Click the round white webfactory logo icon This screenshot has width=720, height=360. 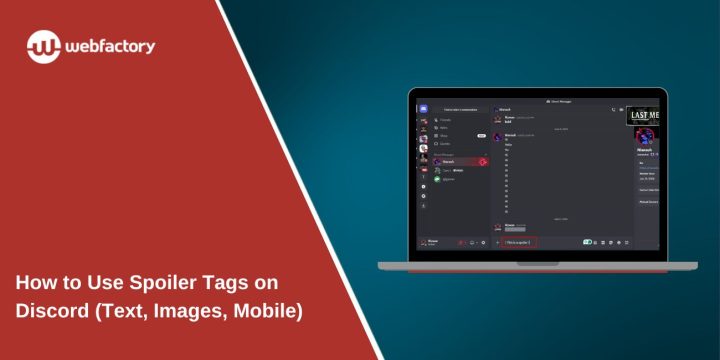coord(44,46)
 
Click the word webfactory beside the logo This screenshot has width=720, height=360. coord(111,46)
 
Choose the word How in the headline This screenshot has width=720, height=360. coord(36,282)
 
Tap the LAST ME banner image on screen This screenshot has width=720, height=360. coord(645,116)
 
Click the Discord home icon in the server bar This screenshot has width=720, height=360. coord(424,108)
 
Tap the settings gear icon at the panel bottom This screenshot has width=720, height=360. coord(483,242)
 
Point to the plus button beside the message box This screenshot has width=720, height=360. coord(497,242)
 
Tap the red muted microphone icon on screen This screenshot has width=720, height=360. coord(462,242)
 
